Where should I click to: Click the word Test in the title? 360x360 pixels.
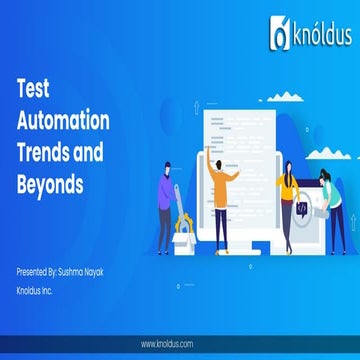35,88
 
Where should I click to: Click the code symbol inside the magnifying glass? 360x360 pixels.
301,206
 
